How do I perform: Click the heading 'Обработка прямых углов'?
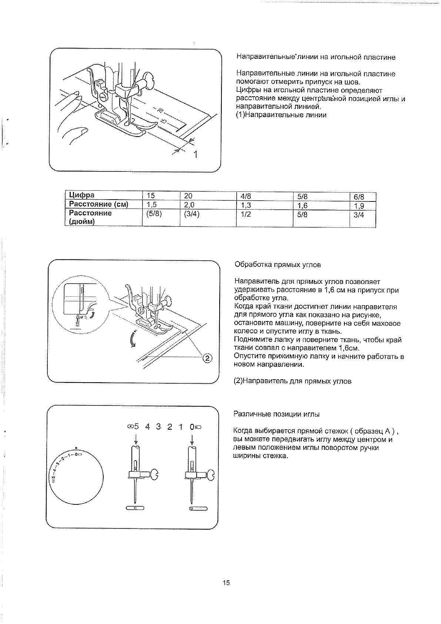pos(278,265)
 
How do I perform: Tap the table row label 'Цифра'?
pos(82,195)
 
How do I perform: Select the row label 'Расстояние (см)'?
pos(98,204)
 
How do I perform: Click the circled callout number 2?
pos(207,358)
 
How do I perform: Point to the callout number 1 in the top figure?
pos(196,154)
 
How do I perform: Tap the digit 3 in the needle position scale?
pos(158,427)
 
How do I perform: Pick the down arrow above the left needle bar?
pos(136,439)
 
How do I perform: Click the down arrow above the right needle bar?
pos(192,439)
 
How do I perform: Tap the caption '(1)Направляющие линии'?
pos(281,115)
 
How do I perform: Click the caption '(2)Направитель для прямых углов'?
pos(293,381)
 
